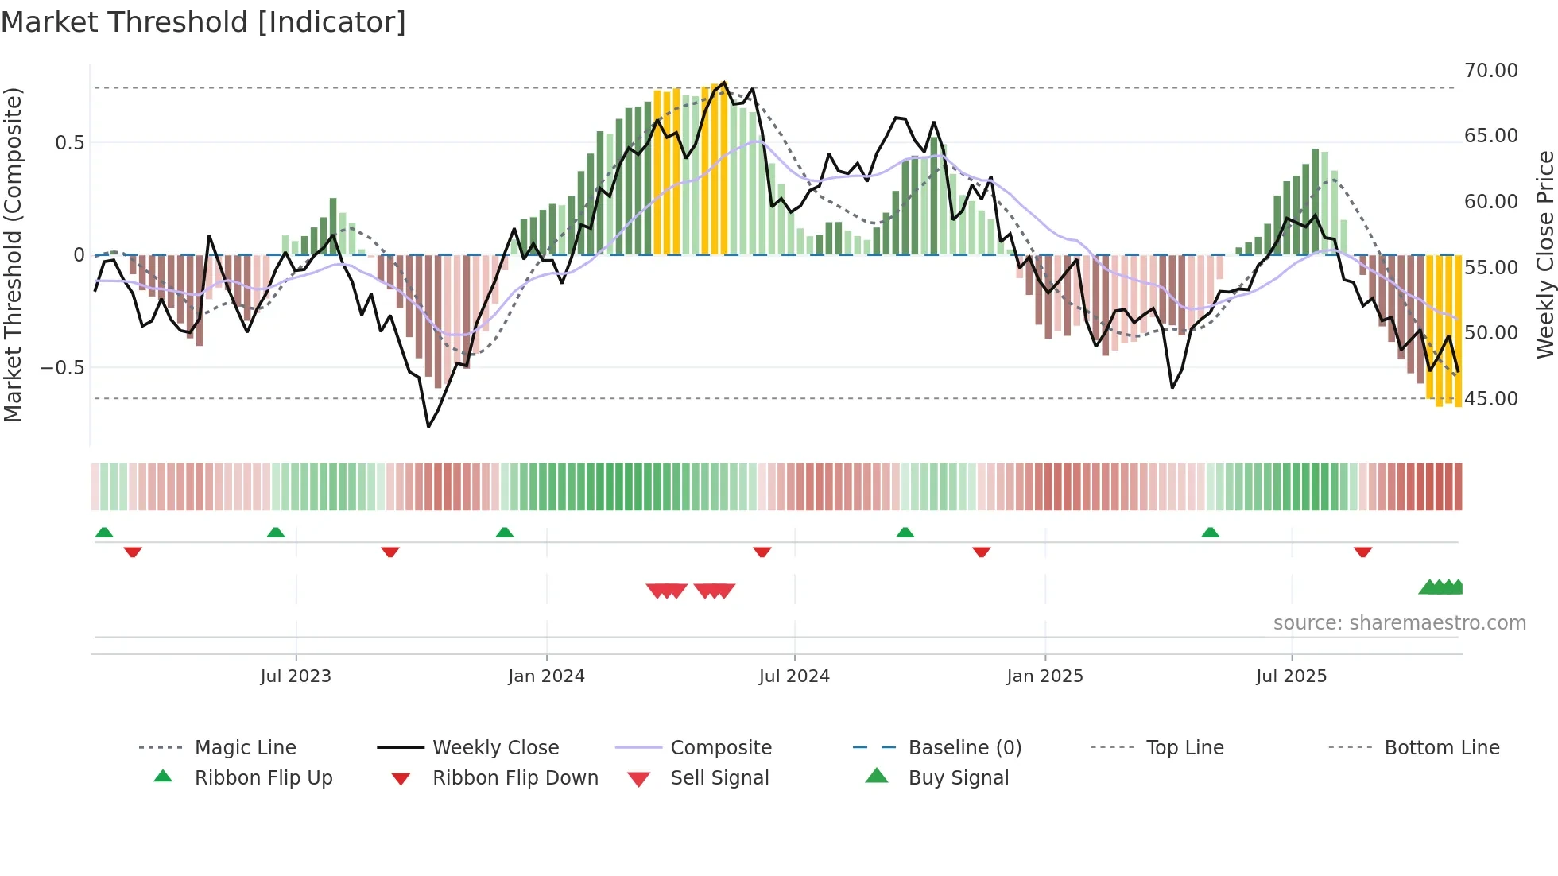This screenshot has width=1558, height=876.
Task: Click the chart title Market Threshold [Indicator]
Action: [203, 22]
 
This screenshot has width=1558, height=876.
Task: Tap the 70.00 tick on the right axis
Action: [1490, 71]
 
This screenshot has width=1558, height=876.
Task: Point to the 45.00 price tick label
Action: [1490, 399]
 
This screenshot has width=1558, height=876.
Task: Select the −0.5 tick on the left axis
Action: [62, 368]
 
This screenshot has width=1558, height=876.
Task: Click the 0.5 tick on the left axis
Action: [69, 143]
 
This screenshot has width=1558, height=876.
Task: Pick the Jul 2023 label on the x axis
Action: [295, 676]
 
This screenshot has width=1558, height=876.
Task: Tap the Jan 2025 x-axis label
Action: [1044, 676]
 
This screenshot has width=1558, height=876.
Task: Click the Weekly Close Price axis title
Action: [1544, 254]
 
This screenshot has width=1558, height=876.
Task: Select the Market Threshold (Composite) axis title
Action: [13, 254]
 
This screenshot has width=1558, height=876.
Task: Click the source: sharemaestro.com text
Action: [1399, 623]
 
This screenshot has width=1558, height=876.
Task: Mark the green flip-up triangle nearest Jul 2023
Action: [276, 533]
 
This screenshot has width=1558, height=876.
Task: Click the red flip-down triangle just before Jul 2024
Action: [762, 552]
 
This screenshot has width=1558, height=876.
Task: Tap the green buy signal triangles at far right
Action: [1441, 587]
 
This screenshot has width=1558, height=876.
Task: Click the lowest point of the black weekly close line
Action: [428, 427]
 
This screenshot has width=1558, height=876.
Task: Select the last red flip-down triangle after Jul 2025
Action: [1362, 552]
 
